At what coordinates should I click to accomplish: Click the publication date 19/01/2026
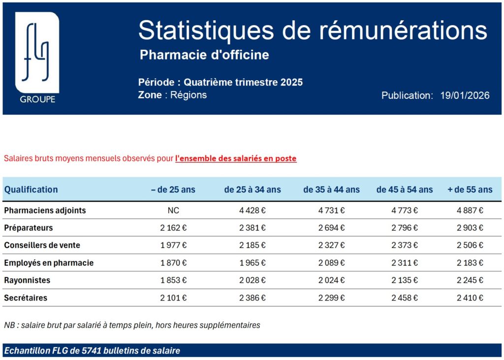pyautogui.click(x=465, y=95)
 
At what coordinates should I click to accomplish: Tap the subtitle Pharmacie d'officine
pyautogui.click(x=204, y=55)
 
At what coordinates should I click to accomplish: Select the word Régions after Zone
pyautogui.click(x=189, y=95)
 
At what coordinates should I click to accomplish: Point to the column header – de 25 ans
pyautogui.click(x=173, y=189)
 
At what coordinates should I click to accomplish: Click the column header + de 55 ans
pyautogui.click(x=470, y=189)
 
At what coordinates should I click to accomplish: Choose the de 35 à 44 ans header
pyautogui.click(x=331, y=189)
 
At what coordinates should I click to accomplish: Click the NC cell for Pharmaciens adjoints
pyautogui.click(x=173, y=210)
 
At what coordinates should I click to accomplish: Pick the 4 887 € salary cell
pyautogui.click(x=470, y=210)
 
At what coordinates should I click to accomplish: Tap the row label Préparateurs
pyautogui.click(x=29, y=228)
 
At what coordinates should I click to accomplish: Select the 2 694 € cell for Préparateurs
pyautogui.click(x=331, y=228)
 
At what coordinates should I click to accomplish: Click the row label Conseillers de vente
pyautogui.click(x=42, y=245)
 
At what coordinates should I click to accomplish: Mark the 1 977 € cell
pyautogui.click(x=173, y=245)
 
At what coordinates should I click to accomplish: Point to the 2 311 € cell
pyautogui.click(x=404, y=263)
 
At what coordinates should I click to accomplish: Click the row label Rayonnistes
pyautogui.click(x=27, y=280)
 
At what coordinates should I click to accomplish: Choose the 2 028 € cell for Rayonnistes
pyautogui.click(x=252, y=280)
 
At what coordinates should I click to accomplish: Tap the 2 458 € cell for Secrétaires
pyautogui.click(x=404, y=298)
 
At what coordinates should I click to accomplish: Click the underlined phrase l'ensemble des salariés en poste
pyautogui.click(x=236, y=158)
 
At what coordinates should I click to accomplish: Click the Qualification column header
pyautogui.click(x=31, y=189)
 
